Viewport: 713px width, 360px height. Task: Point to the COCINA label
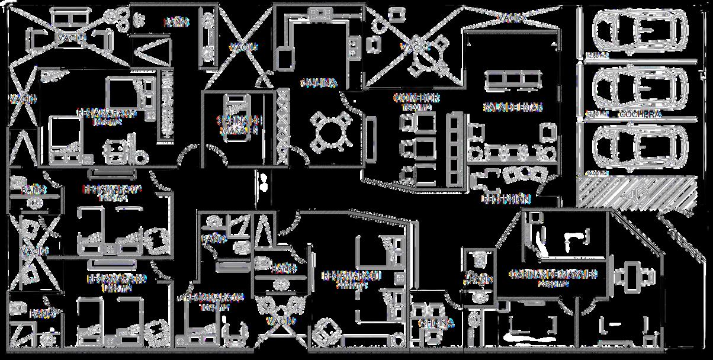[318, 83]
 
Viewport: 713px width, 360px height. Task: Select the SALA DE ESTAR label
[513, 107]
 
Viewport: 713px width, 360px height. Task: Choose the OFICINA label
[436, 323]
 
